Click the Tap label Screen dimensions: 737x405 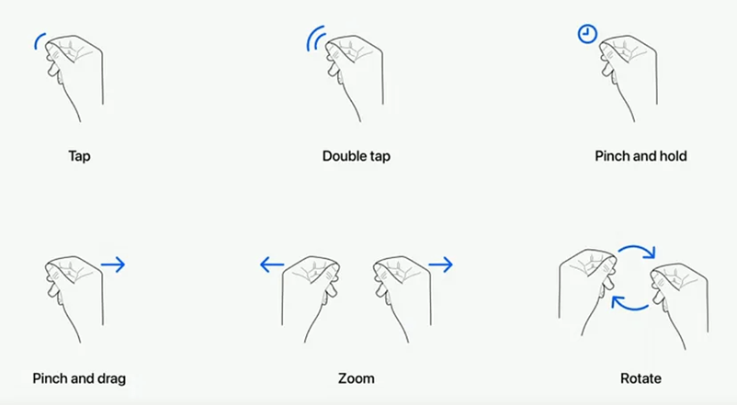[79, 156]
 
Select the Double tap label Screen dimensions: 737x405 [357, 156]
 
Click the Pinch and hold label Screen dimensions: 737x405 [641, 156]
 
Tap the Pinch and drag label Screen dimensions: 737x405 [79, 378]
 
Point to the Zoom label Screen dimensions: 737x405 [357, 378]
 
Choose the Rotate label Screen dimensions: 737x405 [641, 378]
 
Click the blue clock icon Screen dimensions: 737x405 [587, 34]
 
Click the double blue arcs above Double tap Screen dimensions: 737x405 [314, 39]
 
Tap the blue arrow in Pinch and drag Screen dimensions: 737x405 [113, 264]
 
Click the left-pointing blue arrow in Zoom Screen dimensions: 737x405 [272, 264]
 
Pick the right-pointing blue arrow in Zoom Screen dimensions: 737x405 [440, 264]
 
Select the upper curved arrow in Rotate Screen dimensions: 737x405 [638, 247]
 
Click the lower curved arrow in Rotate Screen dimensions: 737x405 [629, 309]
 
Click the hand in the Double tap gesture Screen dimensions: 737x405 [354, 77]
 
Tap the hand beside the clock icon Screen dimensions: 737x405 [628, 77]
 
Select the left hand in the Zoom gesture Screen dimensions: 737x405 [311, 298]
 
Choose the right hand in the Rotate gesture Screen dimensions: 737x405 [679, 307]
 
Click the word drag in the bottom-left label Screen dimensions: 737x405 [110, 378]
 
